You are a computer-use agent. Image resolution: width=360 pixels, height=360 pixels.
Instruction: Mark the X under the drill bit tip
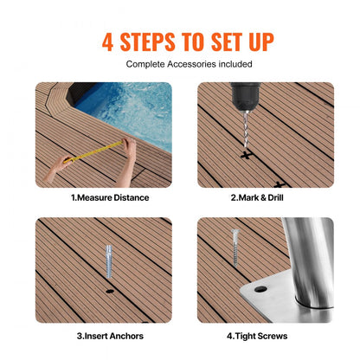[247, 156]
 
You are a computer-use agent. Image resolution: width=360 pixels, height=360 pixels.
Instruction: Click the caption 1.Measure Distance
[110, 197]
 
